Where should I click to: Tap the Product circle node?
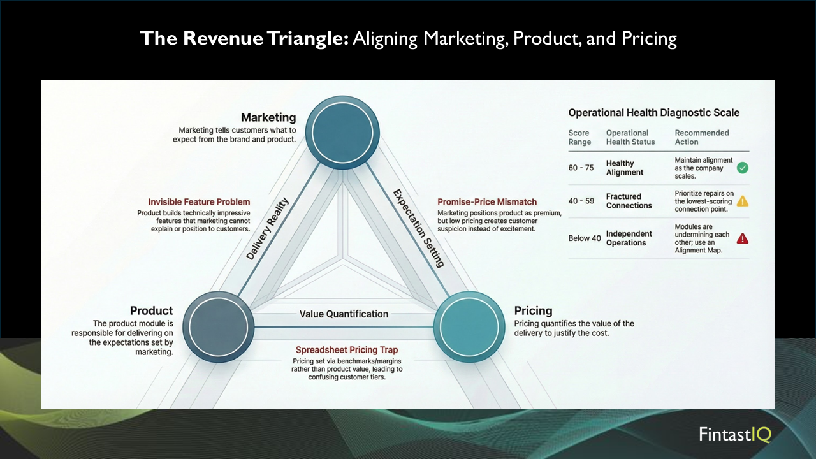pos(218,326)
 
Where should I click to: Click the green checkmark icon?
pos(743,168)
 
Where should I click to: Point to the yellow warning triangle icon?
pos(743,201)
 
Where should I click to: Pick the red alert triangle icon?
pos(743,238)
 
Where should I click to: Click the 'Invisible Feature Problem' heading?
pos(199,202)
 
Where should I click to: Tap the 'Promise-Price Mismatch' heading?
pos(487,202)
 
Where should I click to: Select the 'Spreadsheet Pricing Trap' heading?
pos(347,350)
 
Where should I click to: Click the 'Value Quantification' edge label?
pos(344,314)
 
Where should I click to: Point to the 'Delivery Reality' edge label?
pos(268,229)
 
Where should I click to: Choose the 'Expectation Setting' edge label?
pos(418,228)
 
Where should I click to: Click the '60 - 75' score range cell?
pos(581,168)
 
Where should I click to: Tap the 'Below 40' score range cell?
pos(585,238)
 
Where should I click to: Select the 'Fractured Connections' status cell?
pos(629,201)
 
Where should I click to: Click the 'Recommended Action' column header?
pos(701,137)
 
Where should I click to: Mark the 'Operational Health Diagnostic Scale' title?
pos(653,113)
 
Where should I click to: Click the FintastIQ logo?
pos(734,435)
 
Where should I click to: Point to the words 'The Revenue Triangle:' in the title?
pos(244,39)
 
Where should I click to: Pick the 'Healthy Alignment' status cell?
pos(625,168)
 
